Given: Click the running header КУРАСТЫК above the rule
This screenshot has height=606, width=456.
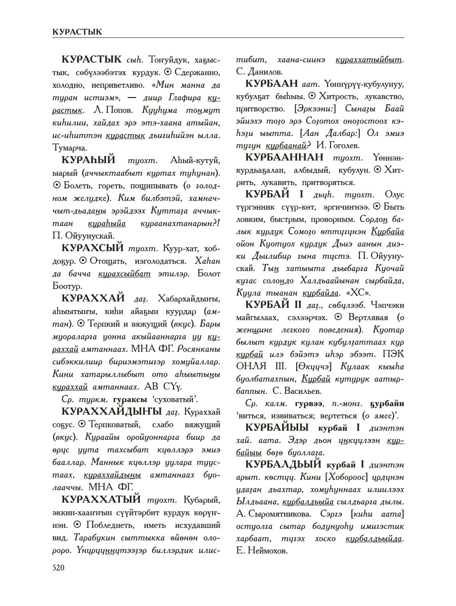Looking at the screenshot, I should (x=77, y=32).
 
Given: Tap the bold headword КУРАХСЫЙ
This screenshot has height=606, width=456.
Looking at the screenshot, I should (x=93, y=248).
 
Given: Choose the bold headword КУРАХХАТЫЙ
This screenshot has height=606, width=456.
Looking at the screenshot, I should (x=101, y=499).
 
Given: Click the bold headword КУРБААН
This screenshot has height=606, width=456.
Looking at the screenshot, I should (x=272, y=84).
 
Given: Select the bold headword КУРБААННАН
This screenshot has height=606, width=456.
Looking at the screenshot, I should (x=284, y=157).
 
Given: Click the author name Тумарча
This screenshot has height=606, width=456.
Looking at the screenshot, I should (x=70, y=147).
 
